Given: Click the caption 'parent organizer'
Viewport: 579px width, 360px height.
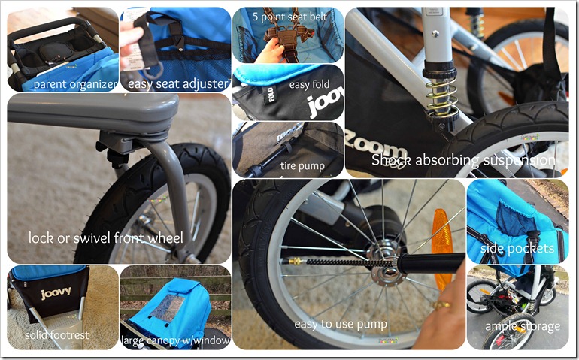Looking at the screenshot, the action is click(75, 85).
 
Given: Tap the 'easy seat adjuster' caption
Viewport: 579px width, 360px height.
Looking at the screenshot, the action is click(177, 84).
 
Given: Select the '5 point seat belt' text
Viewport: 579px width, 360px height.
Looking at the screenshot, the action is click(289, 17).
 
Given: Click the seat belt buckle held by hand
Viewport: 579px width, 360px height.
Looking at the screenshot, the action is click(287, 38).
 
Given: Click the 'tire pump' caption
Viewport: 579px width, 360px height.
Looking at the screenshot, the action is click(302, 166).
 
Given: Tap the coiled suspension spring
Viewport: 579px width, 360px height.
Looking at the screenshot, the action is click(442, 97).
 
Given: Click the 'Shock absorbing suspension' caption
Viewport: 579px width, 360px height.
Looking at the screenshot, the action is click(463, 161).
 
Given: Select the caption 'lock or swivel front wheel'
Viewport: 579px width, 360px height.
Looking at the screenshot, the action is click(106, 237).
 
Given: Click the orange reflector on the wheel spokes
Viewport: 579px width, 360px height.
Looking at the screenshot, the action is click(441, 250).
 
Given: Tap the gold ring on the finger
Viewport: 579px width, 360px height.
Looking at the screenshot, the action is click(442, 304).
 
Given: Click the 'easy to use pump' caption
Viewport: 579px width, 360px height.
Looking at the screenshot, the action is click(341, 325).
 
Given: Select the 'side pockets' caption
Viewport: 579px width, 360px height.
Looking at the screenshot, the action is click(517, 249).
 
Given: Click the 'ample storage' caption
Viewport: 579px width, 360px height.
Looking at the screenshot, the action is click(523, 326).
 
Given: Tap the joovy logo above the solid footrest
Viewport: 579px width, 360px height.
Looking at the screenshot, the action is click(56, 294).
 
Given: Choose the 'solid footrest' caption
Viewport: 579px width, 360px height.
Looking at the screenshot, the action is click(57, 335).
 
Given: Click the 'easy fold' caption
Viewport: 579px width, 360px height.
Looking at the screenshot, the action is click(309, 85).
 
